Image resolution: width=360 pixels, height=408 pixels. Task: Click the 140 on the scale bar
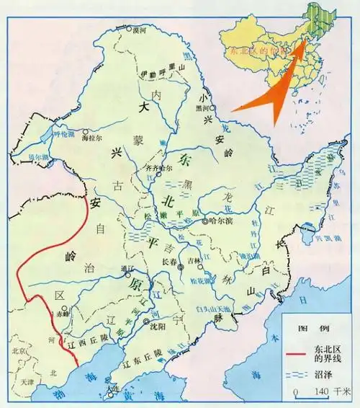[x=323, y=391]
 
